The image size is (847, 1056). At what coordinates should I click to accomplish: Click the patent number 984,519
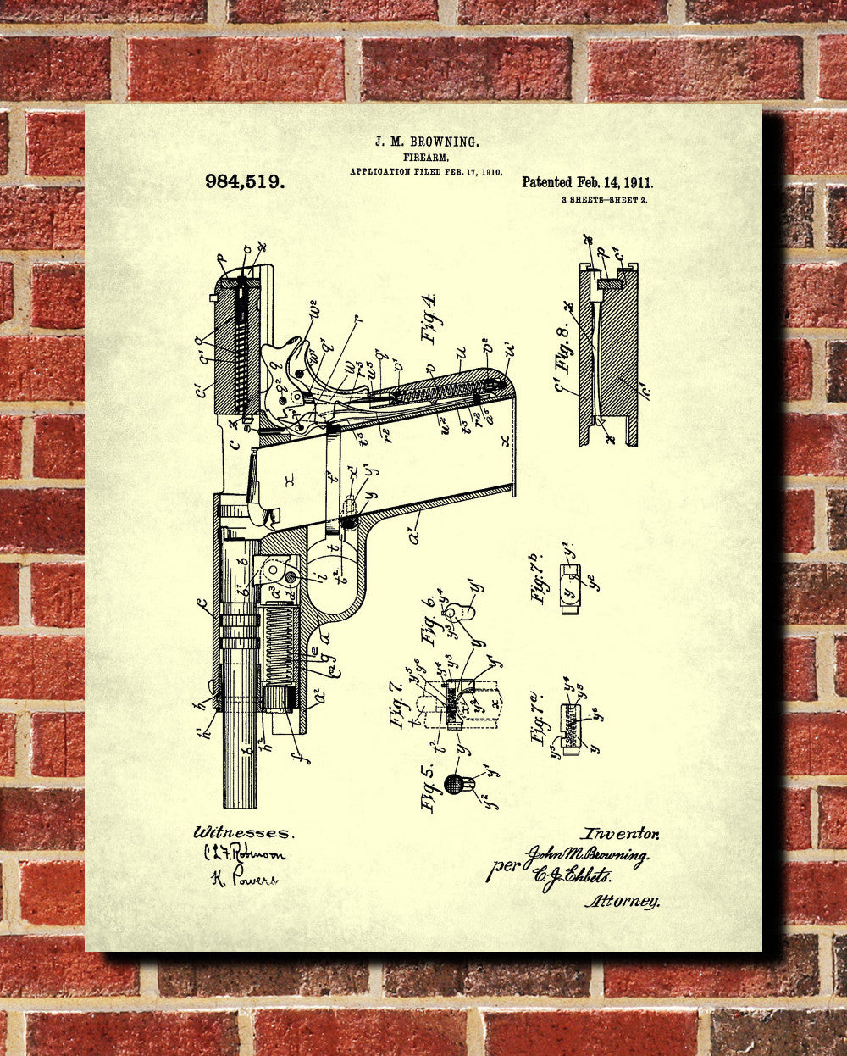coord(245,181)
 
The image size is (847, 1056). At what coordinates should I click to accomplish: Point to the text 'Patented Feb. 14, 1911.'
coord(587,182)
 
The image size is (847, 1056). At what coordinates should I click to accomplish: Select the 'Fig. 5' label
coord(429,787)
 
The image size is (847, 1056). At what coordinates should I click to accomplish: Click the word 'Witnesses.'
coord(242,832)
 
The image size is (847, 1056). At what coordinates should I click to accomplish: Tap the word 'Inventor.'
coord(620,834)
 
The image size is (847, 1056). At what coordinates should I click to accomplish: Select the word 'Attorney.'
coord(622,901)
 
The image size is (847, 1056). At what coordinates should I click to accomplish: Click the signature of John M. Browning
coord(586,856)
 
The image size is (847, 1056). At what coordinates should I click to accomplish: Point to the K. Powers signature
coord(243,879)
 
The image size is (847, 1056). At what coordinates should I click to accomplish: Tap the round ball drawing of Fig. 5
coord(455,783)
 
